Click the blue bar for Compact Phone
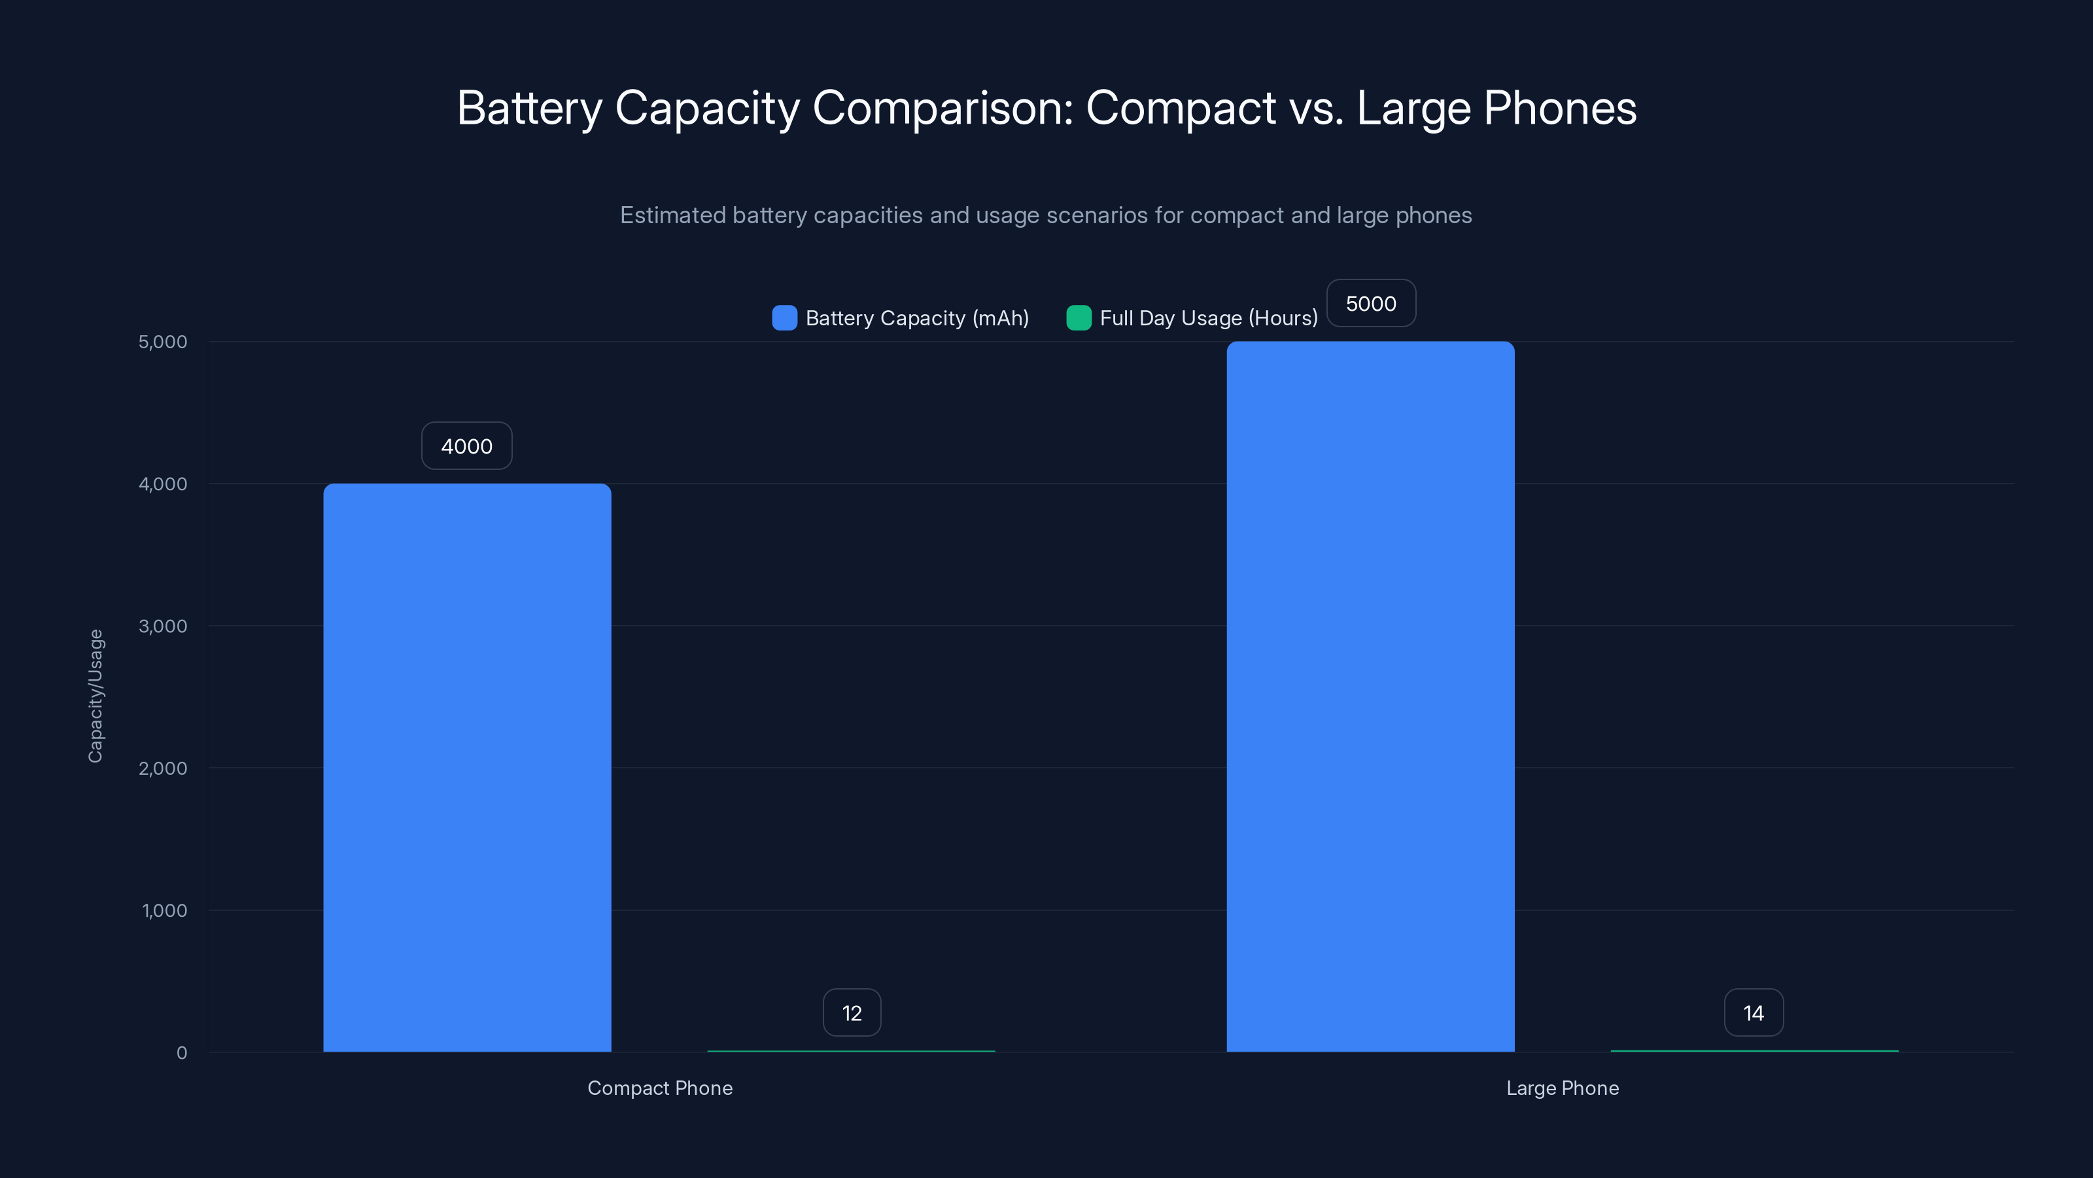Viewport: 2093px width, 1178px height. click(x=467, y=768)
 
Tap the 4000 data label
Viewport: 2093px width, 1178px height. click(x=466, y=446)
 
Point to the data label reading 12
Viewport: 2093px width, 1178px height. click(x=852, y=1013)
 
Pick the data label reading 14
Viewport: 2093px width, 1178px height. click(x=1754, y=1013)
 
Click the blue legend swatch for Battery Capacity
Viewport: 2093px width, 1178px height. click(x=784, y=318)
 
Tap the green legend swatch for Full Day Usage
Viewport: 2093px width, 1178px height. click(x=1078, y=318)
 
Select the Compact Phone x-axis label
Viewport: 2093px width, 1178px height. click(x=660, y=1088)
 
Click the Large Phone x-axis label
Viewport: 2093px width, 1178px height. click(x=1563, y=1088)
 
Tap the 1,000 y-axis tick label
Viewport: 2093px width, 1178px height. click(x=164, y=910)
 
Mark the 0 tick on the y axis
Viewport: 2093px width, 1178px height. click(x=182, y=1053)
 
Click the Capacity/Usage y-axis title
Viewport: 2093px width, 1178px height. click(x=96, y=696)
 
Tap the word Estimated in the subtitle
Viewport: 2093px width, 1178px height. click(x=673, y=215)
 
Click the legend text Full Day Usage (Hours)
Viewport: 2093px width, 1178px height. click(x=1208, y=318)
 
